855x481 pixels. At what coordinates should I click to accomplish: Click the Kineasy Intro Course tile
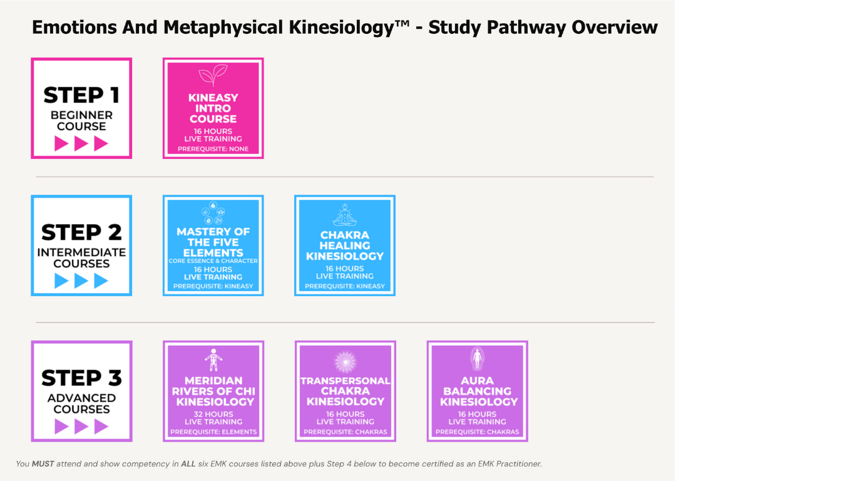[x=213, y=108]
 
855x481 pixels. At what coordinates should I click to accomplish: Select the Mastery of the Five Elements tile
[x=213, y=246]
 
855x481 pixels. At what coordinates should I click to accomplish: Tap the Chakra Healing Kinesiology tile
[x=344, y=246]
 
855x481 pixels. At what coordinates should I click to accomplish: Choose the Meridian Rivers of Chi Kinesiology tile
[x=213, y=391]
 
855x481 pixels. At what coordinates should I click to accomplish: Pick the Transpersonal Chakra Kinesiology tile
[x=345, y=391]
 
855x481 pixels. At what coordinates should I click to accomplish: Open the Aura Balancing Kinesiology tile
[x=477, y=391]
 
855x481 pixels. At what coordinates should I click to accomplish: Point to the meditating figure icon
[x=344, y=215]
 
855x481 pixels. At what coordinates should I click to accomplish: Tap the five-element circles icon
[x=213, y=213]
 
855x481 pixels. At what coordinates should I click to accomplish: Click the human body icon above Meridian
[x=213, y=360]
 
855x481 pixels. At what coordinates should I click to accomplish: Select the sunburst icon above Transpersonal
[x=345, y=361]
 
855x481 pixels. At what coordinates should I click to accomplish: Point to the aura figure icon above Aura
[x=477, y=359]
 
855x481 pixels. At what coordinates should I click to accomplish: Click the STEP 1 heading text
[x=81, y=95]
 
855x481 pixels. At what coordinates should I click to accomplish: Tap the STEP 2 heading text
[x=81, y=232]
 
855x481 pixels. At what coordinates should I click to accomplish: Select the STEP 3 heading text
[x=81, y=378]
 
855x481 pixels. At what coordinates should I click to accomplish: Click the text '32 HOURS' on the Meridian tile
[x=213, y=414]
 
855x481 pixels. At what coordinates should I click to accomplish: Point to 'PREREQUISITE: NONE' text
[x=213, y=149]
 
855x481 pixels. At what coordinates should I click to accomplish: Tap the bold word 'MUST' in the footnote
[x=43, y=464]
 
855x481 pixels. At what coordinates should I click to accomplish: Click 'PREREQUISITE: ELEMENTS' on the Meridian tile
[x=213, y=432]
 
